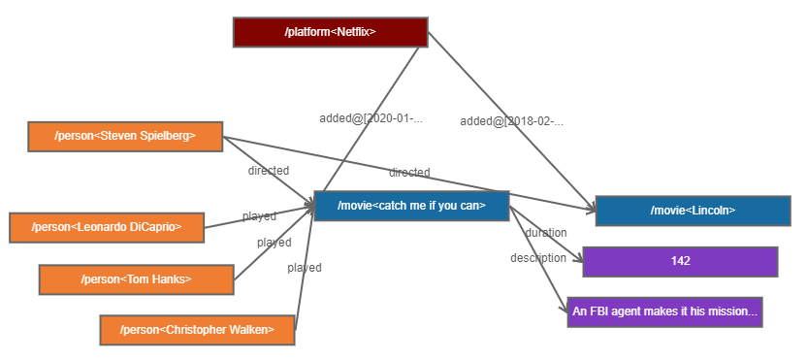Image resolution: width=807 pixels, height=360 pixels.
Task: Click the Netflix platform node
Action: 330,32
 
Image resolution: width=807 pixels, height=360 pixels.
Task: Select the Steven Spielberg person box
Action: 125,137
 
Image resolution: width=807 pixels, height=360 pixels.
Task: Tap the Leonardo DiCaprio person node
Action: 107,228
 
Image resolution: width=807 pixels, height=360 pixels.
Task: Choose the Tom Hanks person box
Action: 136,279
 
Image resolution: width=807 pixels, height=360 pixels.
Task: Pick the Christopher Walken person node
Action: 197,330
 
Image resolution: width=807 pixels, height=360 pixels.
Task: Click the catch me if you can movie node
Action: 411,206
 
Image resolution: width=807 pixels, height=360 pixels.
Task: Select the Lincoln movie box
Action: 693,211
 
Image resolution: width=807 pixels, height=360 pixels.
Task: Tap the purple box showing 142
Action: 680,261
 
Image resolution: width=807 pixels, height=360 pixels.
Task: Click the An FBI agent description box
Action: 664,311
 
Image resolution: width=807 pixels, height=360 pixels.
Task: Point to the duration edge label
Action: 546,233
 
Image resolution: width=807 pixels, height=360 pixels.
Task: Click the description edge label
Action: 538,258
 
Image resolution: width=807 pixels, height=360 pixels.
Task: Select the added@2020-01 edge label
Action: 371,118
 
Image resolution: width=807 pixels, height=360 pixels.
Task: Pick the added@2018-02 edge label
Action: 511,121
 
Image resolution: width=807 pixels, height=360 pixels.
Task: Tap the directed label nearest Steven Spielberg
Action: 268,171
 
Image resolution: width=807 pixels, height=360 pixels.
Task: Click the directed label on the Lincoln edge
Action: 409,173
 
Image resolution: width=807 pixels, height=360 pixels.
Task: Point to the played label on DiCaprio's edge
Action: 259,216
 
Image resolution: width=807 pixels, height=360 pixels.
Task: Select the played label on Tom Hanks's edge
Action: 274,243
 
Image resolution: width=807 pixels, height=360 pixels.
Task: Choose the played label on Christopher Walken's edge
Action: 304,268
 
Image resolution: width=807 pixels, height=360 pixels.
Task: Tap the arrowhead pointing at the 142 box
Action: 577,259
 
